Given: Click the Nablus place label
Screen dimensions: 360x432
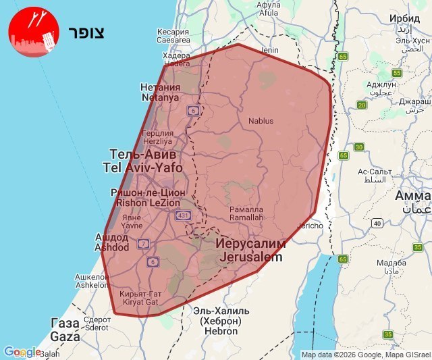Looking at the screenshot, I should coord(261,121).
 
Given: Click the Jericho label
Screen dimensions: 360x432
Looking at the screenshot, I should coord(310,226).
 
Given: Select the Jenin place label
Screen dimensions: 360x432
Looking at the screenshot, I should coord(270,50).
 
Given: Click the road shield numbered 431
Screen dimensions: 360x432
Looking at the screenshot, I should coord(182,215).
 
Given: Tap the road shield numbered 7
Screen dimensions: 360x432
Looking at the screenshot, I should coord(144,243).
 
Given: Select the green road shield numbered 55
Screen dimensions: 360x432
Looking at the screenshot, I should coord(397,73).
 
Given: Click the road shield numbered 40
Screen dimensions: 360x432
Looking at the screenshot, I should coord(377,223).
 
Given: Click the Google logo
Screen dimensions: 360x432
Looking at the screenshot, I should coord(22,352).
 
